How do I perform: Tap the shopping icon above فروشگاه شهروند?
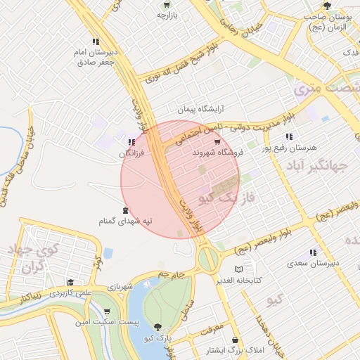click(x=226, y=142)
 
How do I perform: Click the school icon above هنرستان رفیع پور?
click(x=288, y=137)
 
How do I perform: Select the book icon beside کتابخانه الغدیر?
click(x=238, y=270)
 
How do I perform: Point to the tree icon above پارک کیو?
click(x=157, y=327)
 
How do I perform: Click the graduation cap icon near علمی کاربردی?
click(x=70, y=282)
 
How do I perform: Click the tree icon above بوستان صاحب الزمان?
click(x=325, y=6)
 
